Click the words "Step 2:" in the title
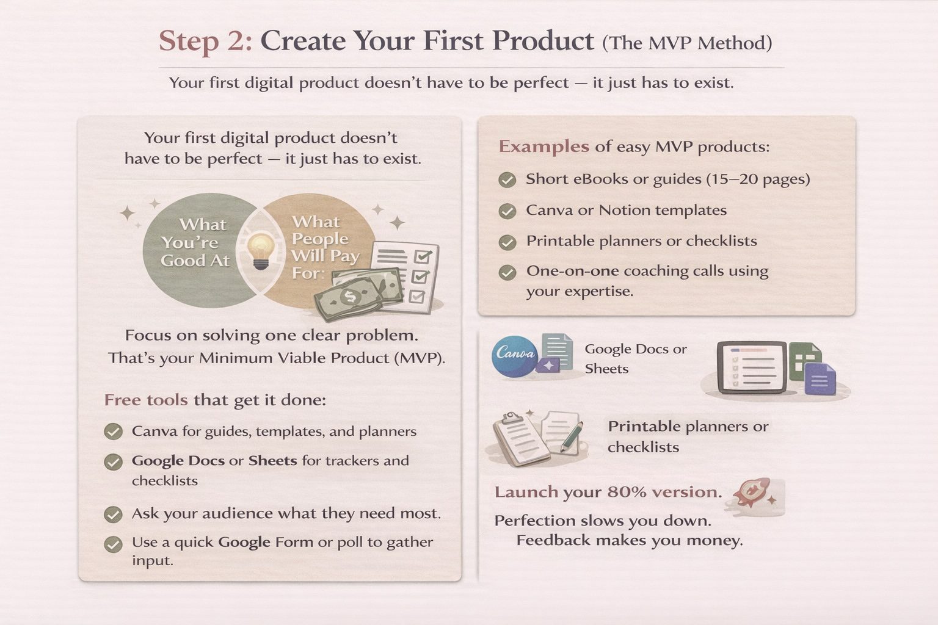pyautogui.click(x=205, y=41)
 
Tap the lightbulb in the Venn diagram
pyautogui.click(x=261, y=251)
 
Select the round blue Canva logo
pyautogui.click(x=515, y=356)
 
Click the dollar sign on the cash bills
pyautogui.click(x=350, y=297)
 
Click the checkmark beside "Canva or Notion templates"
pyautogui.click(x=507, y=211)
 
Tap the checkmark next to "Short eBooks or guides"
pyautogui.click(x=507, y=180)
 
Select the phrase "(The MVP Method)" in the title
pyautogui.click(x=687, y=43)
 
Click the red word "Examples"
pyautogui.click(x=544, y=146)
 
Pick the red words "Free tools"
pyautogui.click(x=146, y=400)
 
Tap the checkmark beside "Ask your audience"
pyautogui.click(x=113, y=515)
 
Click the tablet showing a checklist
pyautogui.click(x=752, y=367)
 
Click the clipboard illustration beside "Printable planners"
pyautogui.click(x=520, y=439)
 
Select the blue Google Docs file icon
pyautogui.click(x=820, y=379)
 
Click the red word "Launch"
pyautogui.click(x=526, y=492)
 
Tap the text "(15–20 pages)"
pyautogui.click(x=758, y=179)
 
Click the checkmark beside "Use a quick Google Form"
pyautogui.click(x=113, y=544)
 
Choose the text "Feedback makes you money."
pyautogui.click(x=630, y=540)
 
